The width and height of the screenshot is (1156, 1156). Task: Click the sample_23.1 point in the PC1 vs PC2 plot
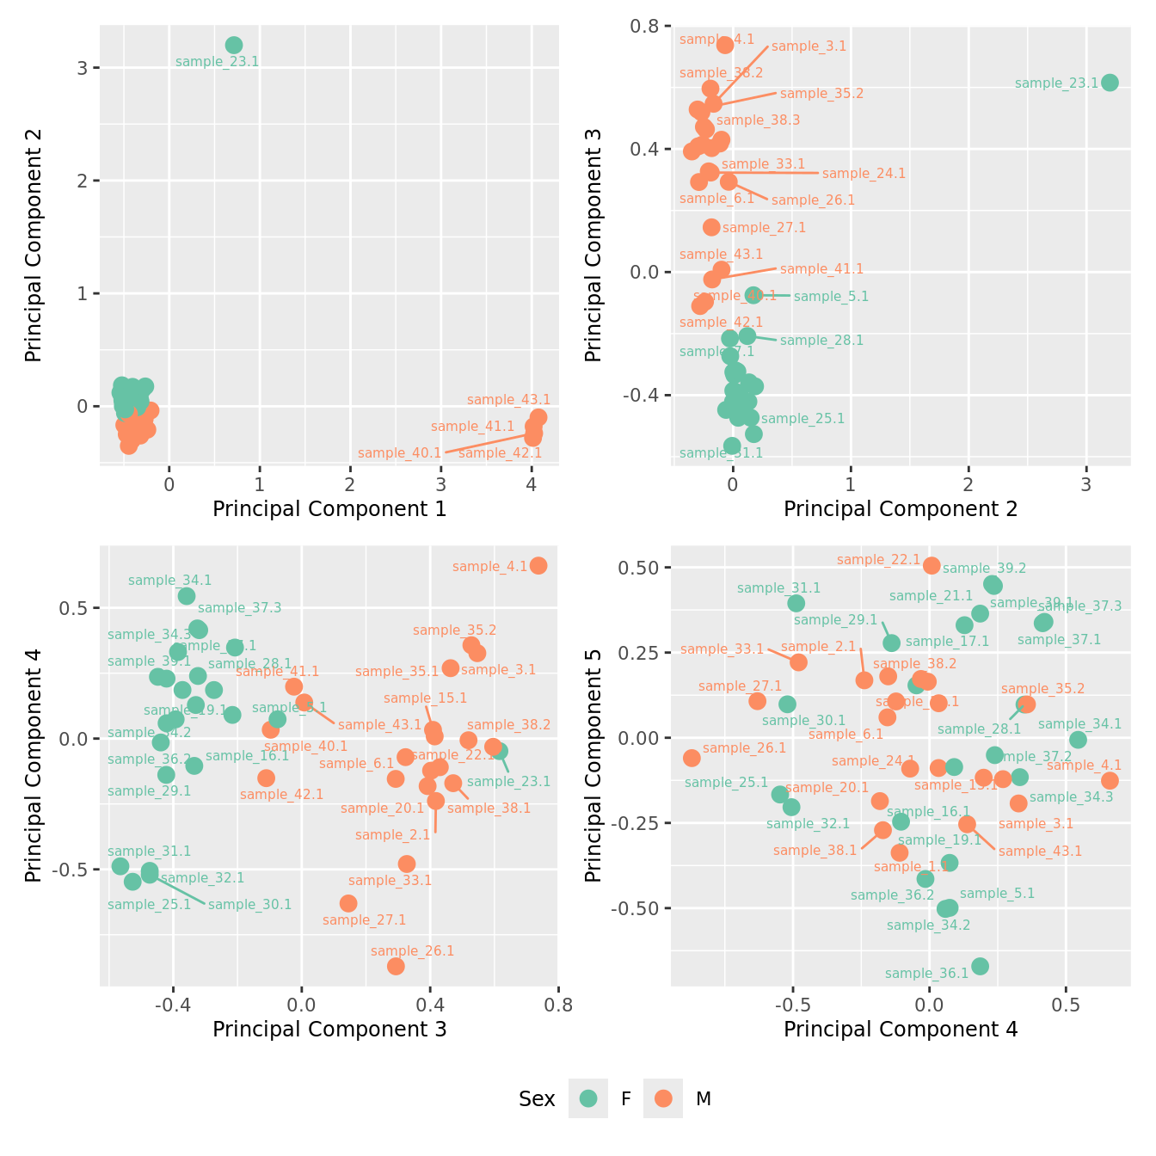pos(234,46)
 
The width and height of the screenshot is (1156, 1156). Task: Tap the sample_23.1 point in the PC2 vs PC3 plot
pos(1110,83)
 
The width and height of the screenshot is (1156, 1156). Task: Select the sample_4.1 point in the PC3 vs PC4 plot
pos(538,565)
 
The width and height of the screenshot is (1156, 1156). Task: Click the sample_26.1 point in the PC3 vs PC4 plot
pos(396,966)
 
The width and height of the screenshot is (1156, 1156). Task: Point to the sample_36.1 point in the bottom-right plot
pos(980,966)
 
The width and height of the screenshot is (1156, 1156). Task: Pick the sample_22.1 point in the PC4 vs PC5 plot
pos(932,565)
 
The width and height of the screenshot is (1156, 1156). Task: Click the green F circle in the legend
pos(588,1098)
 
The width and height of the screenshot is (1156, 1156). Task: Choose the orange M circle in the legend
pos(662,1098)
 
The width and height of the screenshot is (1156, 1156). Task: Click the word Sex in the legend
pos(537,1098)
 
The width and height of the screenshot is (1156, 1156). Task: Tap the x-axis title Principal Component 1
pos(329,509)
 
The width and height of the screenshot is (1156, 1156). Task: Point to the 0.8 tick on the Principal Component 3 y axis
pos(645,27)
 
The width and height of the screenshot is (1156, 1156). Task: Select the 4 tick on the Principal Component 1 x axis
pos(532,484)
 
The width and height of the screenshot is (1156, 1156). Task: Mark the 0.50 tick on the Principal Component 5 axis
pos(637,568)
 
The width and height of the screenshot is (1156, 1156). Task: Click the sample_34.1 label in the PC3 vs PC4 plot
pos(169,581)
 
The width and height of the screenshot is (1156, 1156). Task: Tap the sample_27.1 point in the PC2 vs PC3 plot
pos(711,227)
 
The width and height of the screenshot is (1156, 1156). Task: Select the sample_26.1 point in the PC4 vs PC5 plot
pos(692,758)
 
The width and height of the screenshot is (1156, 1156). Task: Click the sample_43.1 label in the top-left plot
pos(508,400)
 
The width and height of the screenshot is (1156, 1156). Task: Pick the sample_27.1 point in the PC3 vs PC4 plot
pos(348,903)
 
